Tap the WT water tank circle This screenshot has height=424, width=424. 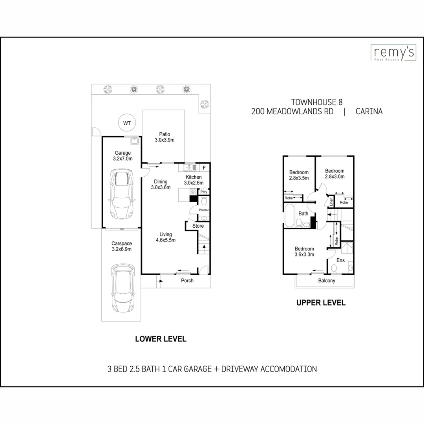click(x=127, y=123)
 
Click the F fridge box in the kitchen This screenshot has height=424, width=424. click(x=204, y=168)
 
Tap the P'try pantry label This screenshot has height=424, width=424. click(x=204, y=192)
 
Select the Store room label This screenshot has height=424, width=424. click(x=198, y=226)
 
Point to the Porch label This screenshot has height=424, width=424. click(x=187, y=281)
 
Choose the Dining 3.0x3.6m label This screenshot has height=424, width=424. click(x=161, y=185)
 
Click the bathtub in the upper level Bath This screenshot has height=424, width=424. click(x=289, y=216)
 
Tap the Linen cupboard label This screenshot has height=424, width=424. click(x=331, y=202)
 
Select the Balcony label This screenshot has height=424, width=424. click(x=326, y=281)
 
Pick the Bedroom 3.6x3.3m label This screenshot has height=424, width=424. click(x=304, y=251)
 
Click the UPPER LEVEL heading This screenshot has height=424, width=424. click(x=321, y=303)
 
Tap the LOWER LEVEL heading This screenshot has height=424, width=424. click(x=161, y=339)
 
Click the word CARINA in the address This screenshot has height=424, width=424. click(x=369, y=111)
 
